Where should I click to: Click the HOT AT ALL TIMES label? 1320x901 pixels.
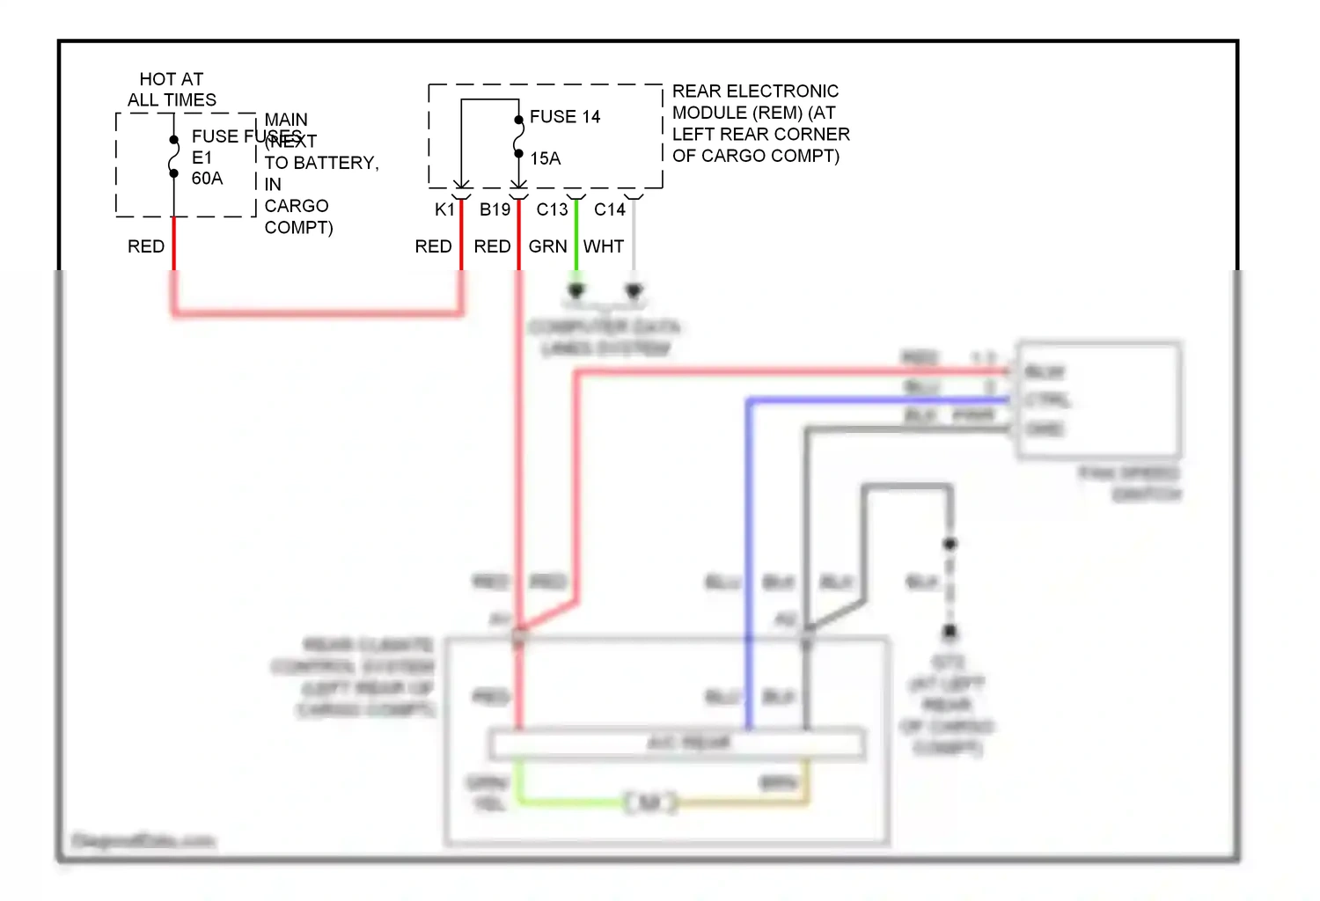[172, 90]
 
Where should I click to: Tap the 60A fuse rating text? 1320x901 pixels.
[207, 179]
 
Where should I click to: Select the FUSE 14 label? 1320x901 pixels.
[565, 117]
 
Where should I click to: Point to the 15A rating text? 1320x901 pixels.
[545, 158]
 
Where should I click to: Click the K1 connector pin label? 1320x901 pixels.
[444, 209]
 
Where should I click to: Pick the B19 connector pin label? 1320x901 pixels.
[495, 209]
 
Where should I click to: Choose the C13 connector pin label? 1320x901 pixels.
[552, 209]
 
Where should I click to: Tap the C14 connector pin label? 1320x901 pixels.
[609, 209]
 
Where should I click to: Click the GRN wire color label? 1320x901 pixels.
[547, 246]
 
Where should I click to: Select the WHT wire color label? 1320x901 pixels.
[603, 246]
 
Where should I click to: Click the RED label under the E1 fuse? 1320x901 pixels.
[146, 246]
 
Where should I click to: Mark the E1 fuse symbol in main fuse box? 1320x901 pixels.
[174, 157]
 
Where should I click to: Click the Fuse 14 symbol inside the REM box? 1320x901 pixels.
[519, 137]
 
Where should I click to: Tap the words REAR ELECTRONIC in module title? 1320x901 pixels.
[755, 92]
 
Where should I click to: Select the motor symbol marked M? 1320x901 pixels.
[650, 802]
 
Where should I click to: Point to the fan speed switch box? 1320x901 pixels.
[1099, 400]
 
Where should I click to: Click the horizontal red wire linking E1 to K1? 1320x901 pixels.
[317, 311]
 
